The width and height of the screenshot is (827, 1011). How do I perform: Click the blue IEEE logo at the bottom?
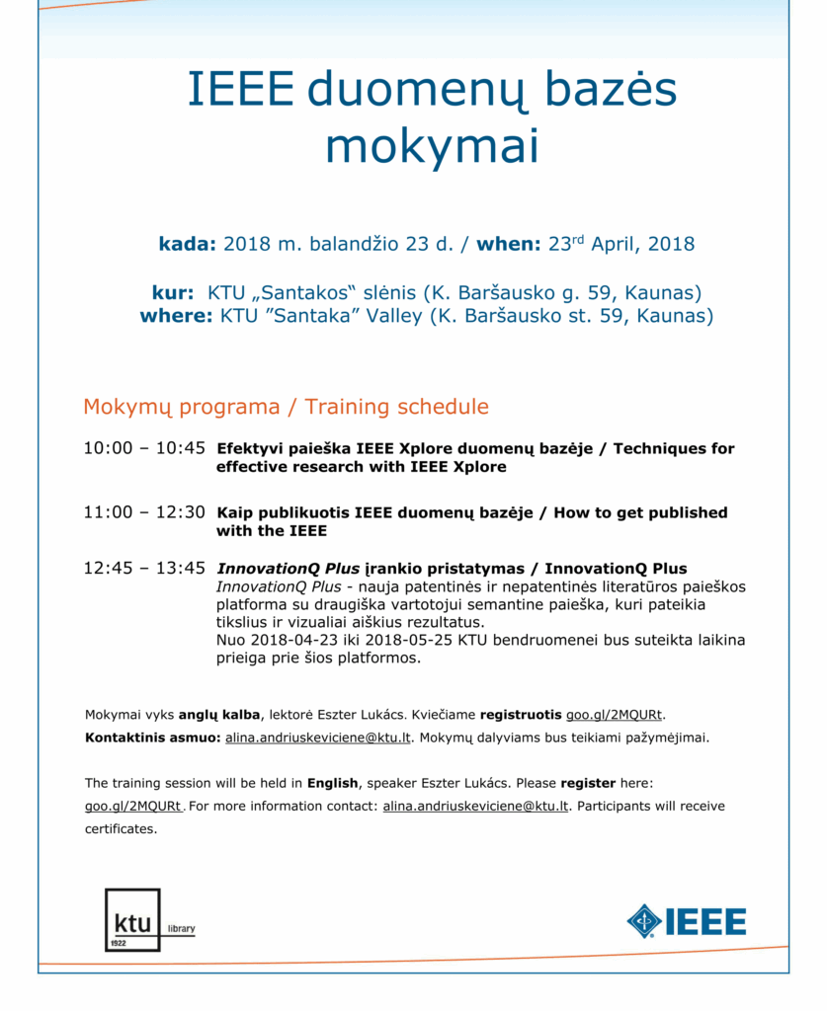[x=686, y=921]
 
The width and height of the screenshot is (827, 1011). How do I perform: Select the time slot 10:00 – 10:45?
[x=144, y=448]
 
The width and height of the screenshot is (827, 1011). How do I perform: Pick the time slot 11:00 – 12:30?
[x=144, y=512]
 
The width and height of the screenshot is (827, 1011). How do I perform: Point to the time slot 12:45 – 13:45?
[x=144, y=569]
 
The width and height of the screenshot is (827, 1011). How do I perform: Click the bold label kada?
[x=187, y=244]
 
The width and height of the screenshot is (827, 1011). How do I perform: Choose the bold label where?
[x=177, y=317]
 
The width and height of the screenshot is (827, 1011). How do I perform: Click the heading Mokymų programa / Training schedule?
[x=286, y=407]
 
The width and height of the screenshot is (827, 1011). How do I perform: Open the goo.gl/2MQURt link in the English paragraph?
[x=133, y=806]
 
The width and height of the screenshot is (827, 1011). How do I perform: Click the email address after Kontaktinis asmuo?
[x=317, y=738]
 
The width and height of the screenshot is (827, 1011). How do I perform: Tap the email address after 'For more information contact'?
[x=475, y=806]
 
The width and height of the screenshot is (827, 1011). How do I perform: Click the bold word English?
[x=332, y=783]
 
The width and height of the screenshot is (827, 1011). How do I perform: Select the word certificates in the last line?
[x=120, y=829]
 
